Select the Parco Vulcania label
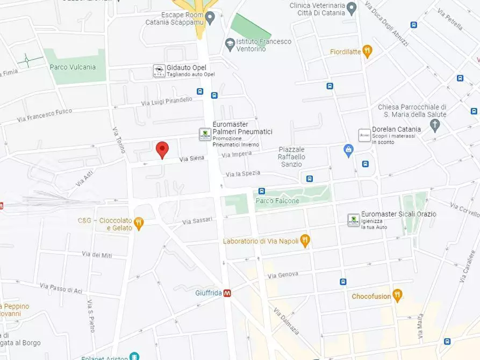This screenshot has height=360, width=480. pos(73,67)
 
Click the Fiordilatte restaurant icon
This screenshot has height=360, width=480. pos(367,51)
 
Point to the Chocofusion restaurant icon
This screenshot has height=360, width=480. pos(397,296)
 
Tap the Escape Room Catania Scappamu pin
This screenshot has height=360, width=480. pos(210,18)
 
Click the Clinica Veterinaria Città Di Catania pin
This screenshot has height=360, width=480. pos(352,9)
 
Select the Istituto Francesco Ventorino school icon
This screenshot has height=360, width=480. pos(230,45)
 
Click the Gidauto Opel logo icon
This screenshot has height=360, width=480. pos(159,71)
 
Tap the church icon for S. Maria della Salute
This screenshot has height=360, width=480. pos(435,125)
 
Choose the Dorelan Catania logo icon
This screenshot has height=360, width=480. pos(364,135)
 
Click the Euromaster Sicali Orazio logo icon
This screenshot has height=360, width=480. pos(354,219)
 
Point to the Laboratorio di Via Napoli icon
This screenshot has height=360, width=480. pos(305,240)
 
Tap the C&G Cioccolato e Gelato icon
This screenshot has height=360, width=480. pos(139,223)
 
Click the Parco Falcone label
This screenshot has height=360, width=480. pos(277,201)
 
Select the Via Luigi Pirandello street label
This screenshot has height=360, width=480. pos(167,100)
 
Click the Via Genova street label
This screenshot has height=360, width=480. pos(281,275)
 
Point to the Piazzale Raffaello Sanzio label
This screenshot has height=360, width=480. pos(291,156)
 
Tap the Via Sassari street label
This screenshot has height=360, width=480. pos(197,221)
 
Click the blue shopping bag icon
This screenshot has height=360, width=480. pos(348,150)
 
